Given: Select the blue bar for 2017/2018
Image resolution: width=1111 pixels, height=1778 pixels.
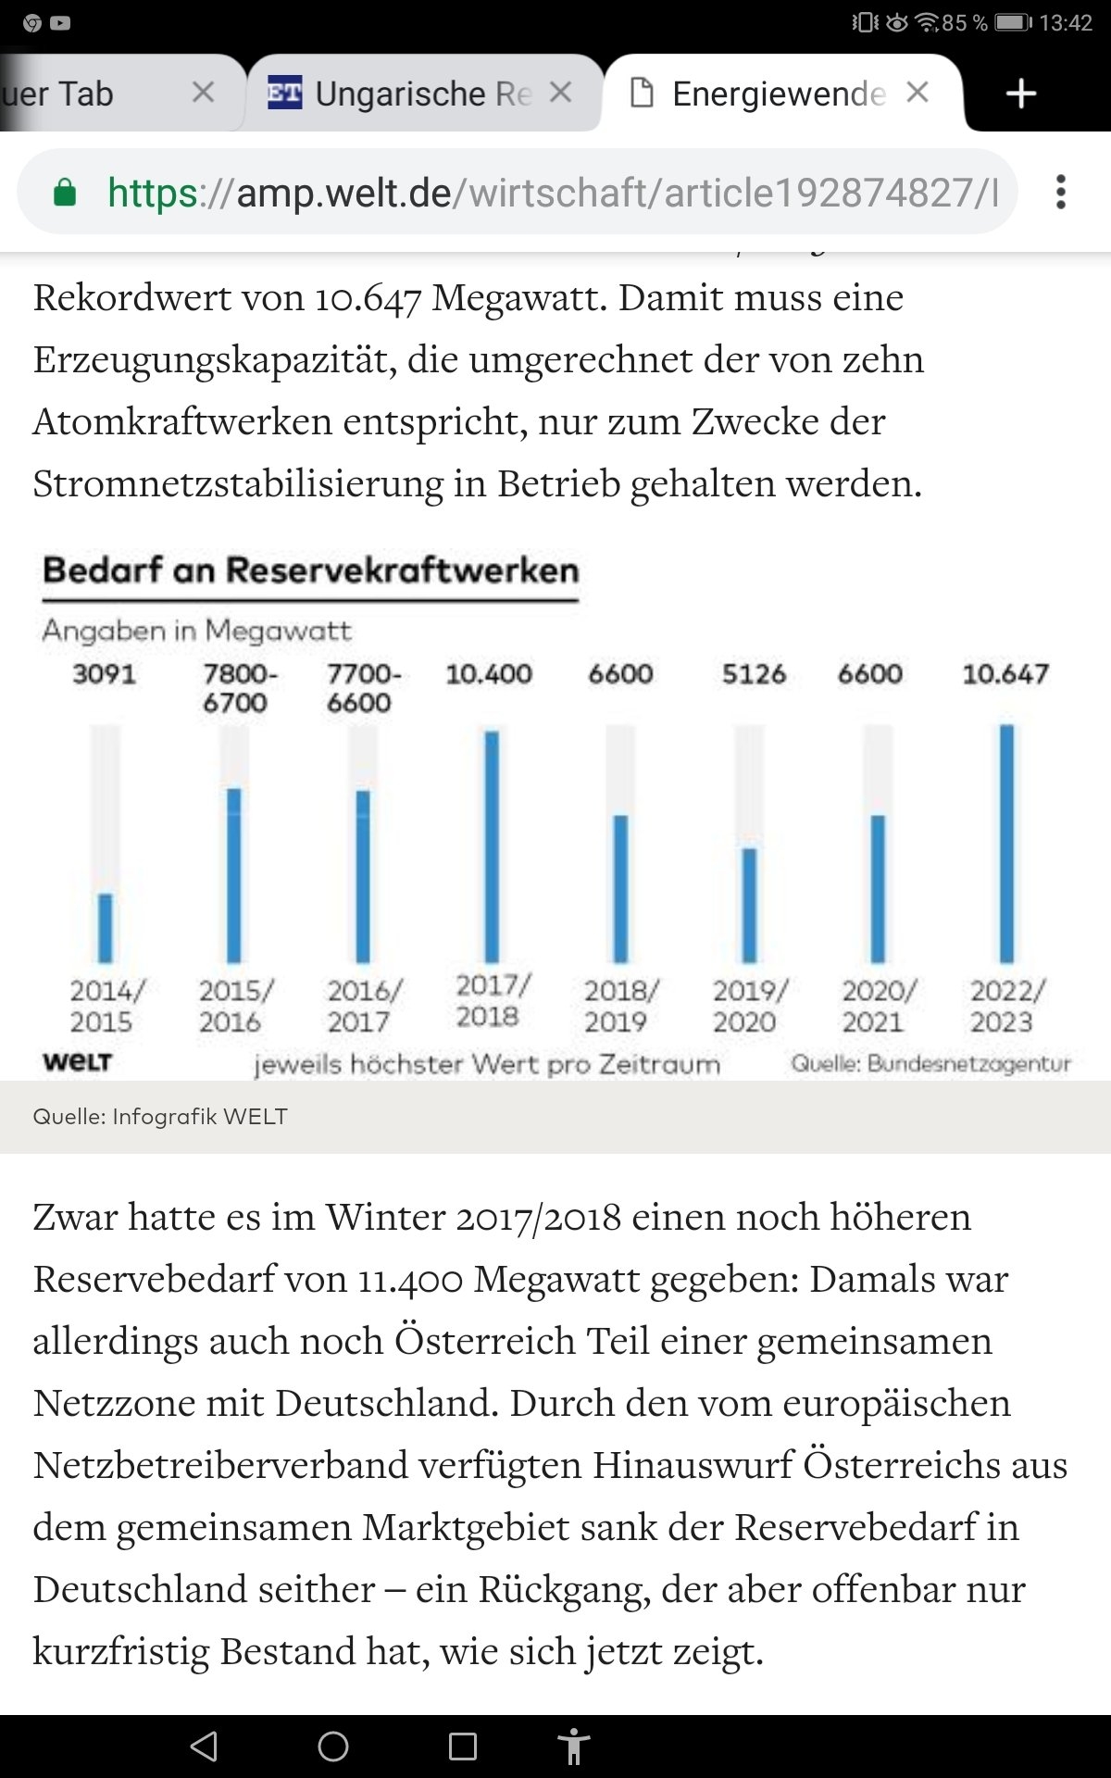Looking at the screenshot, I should pyautogui.click(x=492, y=846).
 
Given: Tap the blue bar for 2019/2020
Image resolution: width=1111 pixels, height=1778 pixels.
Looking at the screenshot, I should pyautogui.click(x=749, y=905).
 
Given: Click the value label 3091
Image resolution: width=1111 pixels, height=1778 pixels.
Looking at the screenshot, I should pyautogui.click(x=105, y=673).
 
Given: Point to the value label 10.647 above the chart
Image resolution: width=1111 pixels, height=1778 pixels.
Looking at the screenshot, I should pyautogui.click(x=1005, y=673).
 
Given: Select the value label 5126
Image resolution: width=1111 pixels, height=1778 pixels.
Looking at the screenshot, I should pyautogui.click(x=754, y=673).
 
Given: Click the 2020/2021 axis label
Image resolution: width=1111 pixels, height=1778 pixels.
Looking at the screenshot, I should pyautogui.click(x=877, y=1006).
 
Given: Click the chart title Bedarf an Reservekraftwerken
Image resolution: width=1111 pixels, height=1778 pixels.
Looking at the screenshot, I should pyautogui.click(x=311, y=570).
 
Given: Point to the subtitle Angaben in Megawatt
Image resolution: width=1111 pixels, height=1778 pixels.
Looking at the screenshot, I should pyautogui.click(x=196, y=631).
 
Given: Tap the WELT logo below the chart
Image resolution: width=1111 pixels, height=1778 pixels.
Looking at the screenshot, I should pyautogui.click(x=77, y=1062).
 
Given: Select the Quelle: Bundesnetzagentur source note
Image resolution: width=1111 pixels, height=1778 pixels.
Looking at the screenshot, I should pyautogui.click(x=930, y=1064).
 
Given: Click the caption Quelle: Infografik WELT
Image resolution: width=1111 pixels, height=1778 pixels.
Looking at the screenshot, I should pyautogui.click(x=160, y=1117).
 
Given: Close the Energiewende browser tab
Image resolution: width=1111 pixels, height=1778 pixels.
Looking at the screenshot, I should pyautogui.click(x=918, y=93).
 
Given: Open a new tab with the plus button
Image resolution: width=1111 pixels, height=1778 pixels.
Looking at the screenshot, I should pyautogui.click(x=1020, y=94).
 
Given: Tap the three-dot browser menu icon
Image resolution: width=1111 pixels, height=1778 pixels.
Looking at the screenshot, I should pyautogui.click(x=1061, y=192).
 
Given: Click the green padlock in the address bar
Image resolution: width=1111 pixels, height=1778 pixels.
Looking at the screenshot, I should pyautogui.click(x=65, y=193).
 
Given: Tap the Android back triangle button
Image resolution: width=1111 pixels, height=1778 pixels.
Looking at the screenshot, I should pyautogui.click(x=204, y=1747).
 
